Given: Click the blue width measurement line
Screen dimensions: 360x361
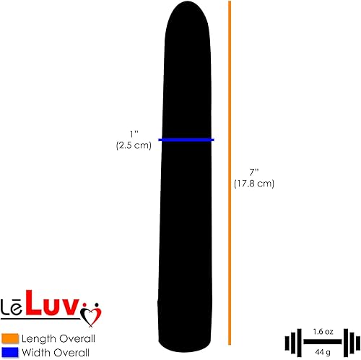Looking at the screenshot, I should point(186,140).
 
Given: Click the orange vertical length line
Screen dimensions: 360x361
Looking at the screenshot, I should point(230,173).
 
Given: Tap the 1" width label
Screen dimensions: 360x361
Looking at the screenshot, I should point(133,134).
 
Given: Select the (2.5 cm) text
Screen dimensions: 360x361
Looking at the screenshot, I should point(133,145).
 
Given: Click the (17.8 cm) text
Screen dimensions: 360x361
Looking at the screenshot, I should point(254,184).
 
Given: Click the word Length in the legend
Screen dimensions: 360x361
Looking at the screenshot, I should point(38,338).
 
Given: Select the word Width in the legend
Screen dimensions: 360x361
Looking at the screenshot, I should point(35,352).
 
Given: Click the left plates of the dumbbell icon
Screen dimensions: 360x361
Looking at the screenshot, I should point(292,340).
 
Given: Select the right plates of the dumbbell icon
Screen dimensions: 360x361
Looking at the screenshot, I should point(344,340).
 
